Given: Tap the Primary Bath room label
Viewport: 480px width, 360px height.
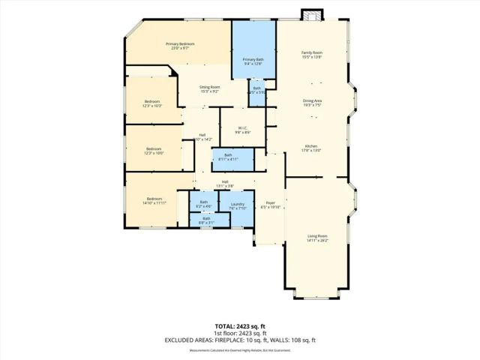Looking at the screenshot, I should point(253,61).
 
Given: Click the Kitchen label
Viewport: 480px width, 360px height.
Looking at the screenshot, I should point(312,148).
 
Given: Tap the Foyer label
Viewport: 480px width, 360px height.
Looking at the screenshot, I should point(269,205).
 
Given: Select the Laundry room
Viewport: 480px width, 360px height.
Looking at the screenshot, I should point(237,206).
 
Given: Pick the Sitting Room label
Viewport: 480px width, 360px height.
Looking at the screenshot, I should point(209,89).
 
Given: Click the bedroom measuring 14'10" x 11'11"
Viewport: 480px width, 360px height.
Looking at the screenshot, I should point(154,200).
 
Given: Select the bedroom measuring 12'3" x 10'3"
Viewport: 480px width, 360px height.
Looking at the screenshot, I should point(153,103).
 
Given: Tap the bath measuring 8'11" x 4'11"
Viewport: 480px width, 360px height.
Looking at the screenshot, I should point(228,157).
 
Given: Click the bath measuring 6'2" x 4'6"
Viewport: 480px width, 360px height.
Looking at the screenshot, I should point(203,204).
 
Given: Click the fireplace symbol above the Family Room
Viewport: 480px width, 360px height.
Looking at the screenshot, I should point(310,15).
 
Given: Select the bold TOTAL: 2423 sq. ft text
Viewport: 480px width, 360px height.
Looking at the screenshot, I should point(239,325).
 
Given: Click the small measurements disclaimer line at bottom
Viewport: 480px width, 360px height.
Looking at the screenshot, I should point(240,349).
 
